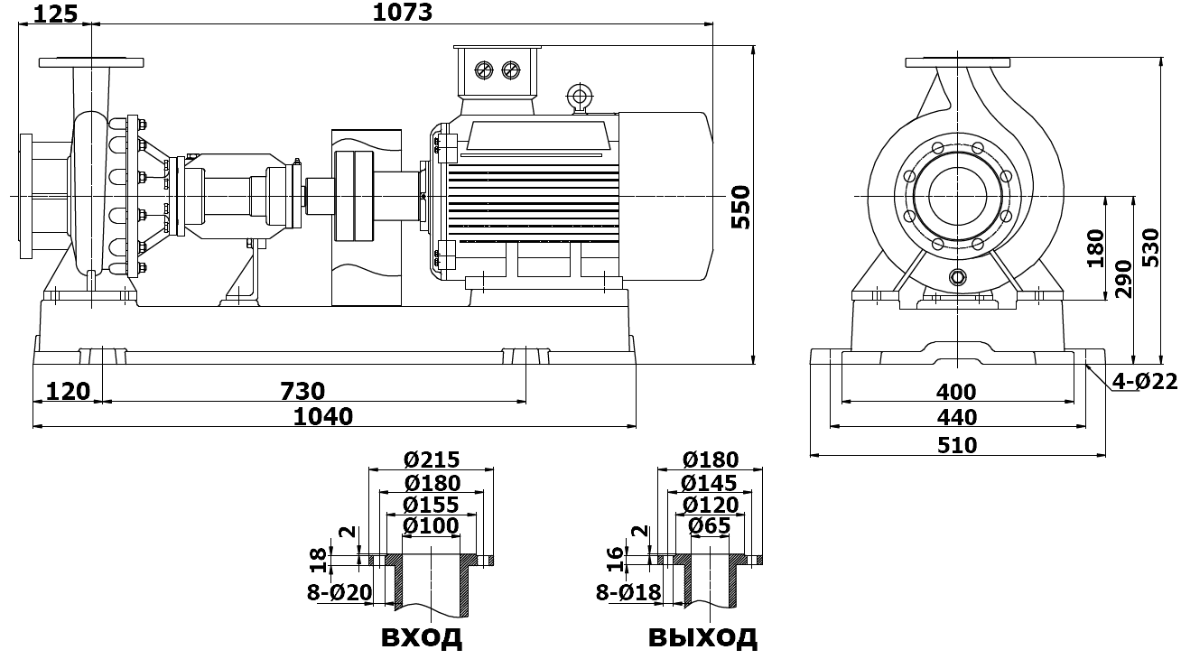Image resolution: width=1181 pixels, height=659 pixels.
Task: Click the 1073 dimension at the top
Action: click(403, 13)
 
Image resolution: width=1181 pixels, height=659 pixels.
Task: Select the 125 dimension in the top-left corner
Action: click(55, 12)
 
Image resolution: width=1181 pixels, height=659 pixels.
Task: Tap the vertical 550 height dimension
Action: click(740, 207)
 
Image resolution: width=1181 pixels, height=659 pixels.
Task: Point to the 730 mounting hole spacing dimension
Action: click(302, 392)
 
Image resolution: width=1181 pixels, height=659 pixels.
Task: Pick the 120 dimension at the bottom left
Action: click(68, 392)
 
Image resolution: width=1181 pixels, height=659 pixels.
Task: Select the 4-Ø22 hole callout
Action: click(1144, 383)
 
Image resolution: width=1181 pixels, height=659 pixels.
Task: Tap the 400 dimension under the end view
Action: click(956, 392)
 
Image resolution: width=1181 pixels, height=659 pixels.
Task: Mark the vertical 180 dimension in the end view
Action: click(1095, 248)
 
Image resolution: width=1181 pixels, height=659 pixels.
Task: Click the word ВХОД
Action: click(422, 637)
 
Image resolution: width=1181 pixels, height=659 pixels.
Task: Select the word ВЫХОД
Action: click(702, 637)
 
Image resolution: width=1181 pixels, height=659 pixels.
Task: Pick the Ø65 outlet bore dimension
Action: click(710, 525)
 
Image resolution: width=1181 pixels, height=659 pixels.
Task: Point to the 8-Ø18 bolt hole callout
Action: click(628, 592)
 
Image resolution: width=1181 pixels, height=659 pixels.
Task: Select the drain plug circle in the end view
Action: click(958, 276)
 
